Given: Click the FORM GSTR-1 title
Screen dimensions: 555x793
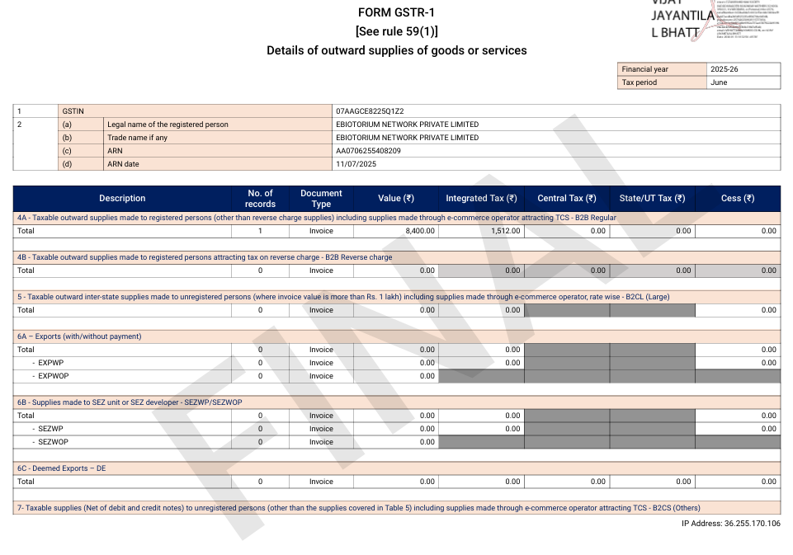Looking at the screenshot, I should click(396, 12).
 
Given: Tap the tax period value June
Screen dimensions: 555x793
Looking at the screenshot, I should click(719, 82).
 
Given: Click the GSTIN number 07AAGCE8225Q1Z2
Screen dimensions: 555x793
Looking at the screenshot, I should click(370, 111).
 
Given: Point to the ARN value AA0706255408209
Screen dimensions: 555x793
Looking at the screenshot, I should click(369, 151).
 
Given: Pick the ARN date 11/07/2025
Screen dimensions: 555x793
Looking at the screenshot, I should click(356, 164).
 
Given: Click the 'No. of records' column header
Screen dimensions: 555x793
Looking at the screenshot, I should click(260, 198).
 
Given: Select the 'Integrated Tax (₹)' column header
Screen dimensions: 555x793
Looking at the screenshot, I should click(481, 198).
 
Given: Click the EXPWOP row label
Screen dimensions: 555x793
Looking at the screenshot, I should click(53, 376).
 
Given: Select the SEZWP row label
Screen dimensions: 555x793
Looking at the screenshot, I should click(50, 429).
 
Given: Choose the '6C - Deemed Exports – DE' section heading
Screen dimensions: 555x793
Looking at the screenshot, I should click(62, 468).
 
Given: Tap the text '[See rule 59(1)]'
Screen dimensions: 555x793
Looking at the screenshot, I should click(396, 31).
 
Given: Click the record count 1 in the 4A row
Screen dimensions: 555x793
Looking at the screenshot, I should click(260, 231).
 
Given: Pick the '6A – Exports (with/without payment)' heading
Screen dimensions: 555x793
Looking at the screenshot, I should click(79, 336).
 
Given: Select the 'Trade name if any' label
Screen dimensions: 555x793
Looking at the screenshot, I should click(137, 138).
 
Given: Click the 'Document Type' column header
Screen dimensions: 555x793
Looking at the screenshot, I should click(321, 198).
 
